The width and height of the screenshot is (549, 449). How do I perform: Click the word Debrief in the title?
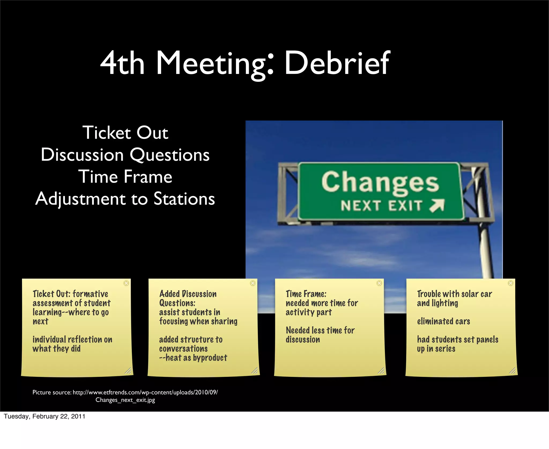[337, 63]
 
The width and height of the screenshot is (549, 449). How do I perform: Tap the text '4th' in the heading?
[123, 63]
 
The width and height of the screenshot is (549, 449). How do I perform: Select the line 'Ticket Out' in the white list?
[125, 133]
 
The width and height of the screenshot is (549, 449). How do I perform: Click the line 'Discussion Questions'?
[125, 155]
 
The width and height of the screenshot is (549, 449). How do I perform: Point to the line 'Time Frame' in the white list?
[125, 177]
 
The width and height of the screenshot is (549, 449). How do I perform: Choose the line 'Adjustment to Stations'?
[125, 199]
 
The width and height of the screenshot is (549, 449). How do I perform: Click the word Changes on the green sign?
[380, 182]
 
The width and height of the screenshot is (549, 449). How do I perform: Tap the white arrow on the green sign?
[437, 206]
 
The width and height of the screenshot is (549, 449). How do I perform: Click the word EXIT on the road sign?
[405, 206]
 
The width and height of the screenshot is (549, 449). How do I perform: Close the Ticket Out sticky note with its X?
[126, 283]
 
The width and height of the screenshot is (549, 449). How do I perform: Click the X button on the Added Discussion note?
[253, 283]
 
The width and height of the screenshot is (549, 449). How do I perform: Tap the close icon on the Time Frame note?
[379, 283]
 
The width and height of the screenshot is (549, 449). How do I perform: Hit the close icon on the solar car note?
[511, 283]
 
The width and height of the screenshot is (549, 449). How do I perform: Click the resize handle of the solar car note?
[512, 371]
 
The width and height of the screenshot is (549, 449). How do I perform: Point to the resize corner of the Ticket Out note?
[128, 371]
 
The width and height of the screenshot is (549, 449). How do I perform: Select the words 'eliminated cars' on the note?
[443, 321]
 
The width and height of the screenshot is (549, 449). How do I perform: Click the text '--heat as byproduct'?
[193, 358]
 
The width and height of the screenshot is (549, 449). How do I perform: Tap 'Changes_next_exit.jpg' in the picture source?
[125, 400]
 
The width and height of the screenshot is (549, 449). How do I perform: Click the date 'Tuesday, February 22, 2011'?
[44, 416]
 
